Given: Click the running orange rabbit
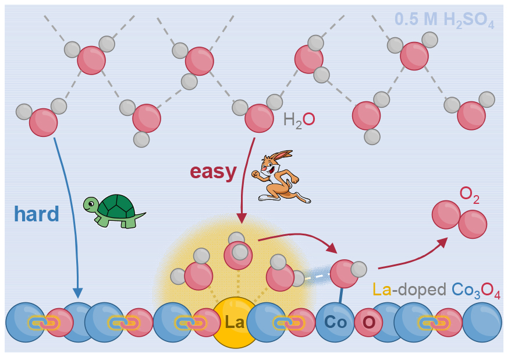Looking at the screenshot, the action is pos(281,176).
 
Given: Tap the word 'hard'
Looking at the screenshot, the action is pos(37,214).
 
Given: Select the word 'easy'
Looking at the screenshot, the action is pos(213,171).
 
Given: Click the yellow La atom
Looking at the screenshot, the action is pos(235,323).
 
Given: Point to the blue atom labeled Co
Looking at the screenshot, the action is pos(335,322).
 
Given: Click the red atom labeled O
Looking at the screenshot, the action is pos(368,323).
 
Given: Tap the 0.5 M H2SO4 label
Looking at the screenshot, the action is pos(444,20).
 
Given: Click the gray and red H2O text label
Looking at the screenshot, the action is pos(299,120).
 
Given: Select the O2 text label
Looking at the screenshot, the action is pos(469,195).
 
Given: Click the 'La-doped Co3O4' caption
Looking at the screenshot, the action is pos(436,290).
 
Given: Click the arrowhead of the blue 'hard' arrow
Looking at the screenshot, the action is pos(77,293).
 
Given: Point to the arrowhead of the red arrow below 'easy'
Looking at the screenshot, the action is pos(242,218).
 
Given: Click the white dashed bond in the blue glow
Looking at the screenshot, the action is pos(317,277).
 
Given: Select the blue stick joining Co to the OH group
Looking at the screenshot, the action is pos(340,295).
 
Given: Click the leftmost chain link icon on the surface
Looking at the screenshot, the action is pos(44,323).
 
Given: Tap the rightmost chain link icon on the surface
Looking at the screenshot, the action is pos(434,323).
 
